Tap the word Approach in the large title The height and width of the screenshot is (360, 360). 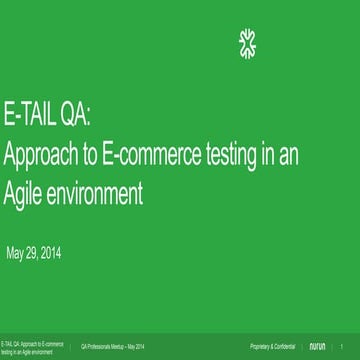pos(37,156)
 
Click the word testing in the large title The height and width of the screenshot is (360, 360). pos(226,155)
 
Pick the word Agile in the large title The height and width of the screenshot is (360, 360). pos(25,189)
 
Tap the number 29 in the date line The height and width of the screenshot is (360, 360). pos(37,252)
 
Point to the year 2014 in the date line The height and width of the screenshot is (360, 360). pos(60,252)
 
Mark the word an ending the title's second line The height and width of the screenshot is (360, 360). pos(291,155)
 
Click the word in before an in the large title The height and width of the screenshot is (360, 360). pos(267,155)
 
